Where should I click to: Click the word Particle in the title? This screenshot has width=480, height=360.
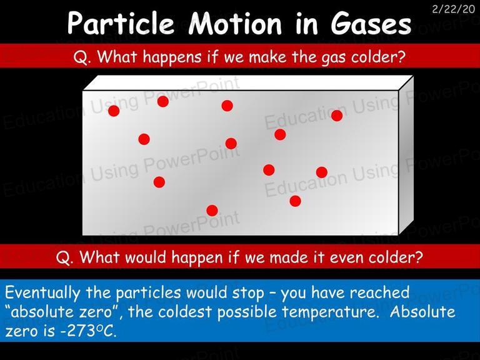(x=121, y=23)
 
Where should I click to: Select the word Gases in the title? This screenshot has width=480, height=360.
(x=371, y=23)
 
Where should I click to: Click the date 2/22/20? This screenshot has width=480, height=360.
(x=454, y=9)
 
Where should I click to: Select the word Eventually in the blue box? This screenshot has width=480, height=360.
(x=42, y=293)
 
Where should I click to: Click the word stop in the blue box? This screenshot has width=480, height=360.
(x=248, y=293)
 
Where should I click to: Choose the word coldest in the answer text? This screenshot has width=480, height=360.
(x=185, y=312)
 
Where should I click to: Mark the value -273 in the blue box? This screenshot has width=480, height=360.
(x=77, y=331)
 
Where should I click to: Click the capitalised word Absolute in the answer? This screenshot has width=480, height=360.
(x=422, y=312)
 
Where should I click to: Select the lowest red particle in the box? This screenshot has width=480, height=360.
(x=212, y=211)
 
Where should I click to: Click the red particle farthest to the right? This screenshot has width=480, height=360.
(x=337, y=116)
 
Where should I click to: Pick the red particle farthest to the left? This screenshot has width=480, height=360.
(x=114, y=111)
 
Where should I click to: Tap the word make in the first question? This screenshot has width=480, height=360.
(x=267, y=57)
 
